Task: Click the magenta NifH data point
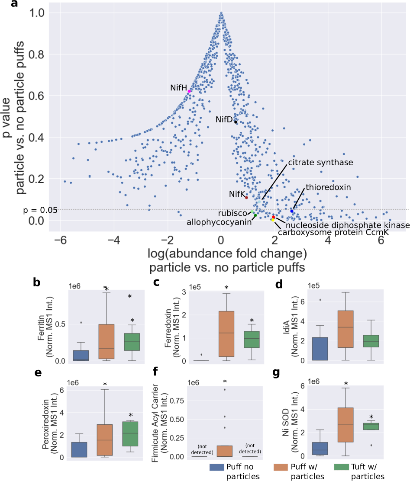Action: (190, 91)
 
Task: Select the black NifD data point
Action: (236, 122)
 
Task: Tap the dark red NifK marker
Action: (246, 197)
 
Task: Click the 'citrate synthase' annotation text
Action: (321, 162)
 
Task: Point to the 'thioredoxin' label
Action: (328, 187)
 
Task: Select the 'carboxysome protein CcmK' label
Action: (333, 232)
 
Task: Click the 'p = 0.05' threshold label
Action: (40, 210)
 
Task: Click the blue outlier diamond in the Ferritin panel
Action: (81, 322)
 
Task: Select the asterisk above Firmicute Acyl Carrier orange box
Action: (225, 382)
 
